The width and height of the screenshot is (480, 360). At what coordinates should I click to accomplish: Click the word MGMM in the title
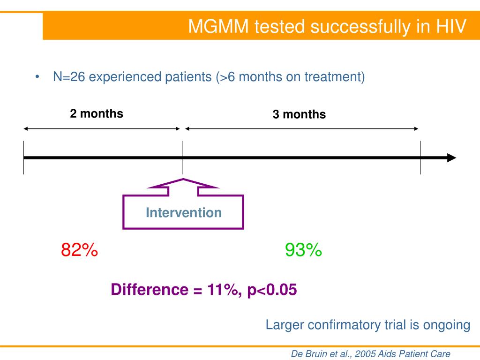point(218,26)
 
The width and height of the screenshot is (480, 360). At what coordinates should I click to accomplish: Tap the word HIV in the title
point(451,26)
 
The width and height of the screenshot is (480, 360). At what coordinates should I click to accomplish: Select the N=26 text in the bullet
point(69,76)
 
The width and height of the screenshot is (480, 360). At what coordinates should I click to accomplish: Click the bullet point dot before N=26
point(37,76)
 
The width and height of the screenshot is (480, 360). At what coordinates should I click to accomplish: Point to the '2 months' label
point(97,113)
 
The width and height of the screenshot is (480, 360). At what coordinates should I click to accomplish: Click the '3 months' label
point(299,114)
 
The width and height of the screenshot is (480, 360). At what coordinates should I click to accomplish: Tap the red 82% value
point(79,249)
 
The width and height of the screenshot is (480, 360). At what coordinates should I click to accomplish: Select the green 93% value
point(303,249)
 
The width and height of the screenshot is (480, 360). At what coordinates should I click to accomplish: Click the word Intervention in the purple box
point(184,212)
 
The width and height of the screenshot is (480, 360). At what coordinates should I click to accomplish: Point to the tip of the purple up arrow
point(183,179)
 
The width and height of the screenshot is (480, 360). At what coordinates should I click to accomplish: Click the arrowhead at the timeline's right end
point(451,158)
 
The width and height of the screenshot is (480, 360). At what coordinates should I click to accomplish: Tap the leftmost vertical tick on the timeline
point(23,157)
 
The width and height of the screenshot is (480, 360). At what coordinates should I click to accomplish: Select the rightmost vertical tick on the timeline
point(420,157)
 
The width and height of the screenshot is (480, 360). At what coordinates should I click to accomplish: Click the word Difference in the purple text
point(150,290)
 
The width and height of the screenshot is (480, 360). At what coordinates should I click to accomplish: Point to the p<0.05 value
point(272,290)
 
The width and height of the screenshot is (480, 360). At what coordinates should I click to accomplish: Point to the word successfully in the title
point(360,27)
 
